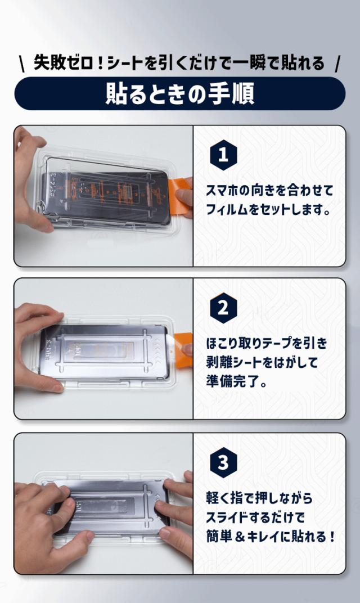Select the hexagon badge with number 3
point(223,462)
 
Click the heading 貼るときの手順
point(179,93)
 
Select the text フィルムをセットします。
point(267,209)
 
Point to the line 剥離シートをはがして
point(262,363)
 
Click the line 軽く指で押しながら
point(259,497)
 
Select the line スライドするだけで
point(255,517)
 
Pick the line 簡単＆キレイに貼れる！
point(271,537)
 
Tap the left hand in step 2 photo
point(37,343)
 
